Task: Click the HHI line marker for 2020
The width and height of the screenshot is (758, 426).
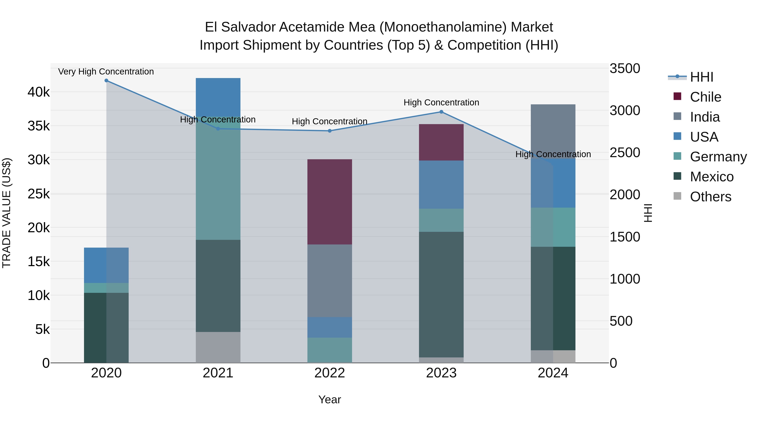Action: coord(106,81)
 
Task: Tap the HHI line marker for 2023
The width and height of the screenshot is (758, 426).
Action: coord(441,112)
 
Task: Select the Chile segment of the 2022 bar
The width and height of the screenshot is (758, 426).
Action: coord(330,202)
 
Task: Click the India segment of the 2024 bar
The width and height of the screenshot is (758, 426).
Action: coord(553,131)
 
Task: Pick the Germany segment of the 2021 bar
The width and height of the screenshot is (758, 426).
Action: coord(218,178)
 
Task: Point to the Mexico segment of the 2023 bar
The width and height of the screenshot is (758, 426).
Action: coord(441,294)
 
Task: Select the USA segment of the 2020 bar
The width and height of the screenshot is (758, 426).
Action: coord(106,265)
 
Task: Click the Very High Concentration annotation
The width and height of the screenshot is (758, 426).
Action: coord(106,72)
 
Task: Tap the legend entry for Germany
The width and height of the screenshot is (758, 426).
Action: coord(718,157)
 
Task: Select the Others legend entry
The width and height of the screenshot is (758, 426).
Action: coord(710,197)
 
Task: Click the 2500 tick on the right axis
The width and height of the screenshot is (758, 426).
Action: coord(625,153)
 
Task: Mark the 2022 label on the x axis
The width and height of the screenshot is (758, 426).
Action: coord(330,373)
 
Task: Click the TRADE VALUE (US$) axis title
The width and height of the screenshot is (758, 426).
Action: coord(7,213)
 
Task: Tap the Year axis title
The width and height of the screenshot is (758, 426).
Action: coord(330,399)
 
